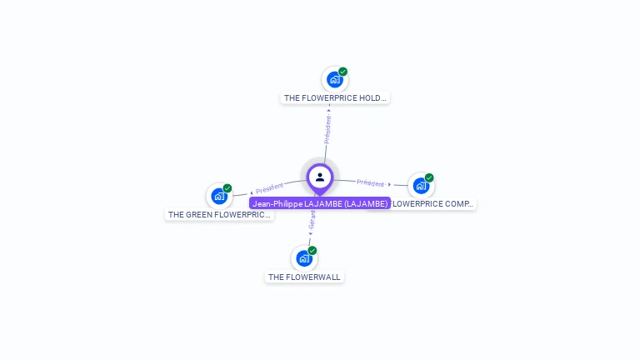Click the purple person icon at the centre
point(320,177)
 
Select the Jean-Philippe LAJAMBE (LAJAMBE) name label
point(320,203)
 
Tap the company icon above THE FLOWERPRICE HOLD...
point(335,80)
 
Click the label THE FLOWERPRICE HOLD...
point(335,98)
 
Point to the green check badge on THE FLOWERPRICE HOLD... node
point(342,72)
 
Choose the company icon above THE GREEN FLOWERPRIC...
point(219,196)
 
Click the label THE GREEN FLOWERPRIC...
point(219,215)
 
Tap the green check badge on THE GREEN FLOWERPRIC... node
point(227,188)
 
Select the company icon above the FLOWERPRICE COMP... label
point(421,185)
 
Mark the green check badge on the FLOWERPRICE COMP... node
point(429,177)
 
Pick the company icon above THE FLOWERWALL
point(304,258)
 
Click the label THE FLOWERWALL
point(304,277)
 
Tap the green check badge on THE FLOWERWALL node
point(312,250)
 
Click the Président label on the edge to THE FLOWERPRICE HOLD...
point(327,129)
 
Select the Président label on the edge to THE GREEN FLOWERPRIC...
point(269,188)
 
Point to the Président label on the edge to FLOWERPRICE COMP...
point(371,182)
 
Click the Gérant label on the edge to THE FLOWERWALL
point(312,220)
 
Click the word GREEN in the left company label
point(200,215)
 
